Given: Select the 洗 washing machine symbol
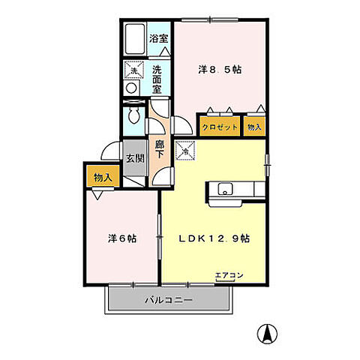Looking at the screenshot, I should click(132, 71).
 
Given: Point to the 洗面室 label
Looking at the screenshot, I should click(157, 79).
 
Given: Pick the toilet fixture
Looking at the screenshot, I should click(133, 117).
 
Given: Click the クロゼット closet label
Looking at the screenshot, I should click(220, 127).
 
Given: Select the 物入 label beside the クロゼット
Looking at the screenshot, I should click(255, 127).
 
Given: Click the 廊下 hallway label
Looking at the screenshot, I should click(160, 147).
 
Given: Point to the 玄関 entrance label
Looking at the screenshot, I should click(135, 158).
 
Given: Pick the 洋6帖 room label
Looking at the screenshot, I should click(121, 239).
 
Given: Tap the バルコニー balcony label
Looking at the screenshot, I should click(169, 300).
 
